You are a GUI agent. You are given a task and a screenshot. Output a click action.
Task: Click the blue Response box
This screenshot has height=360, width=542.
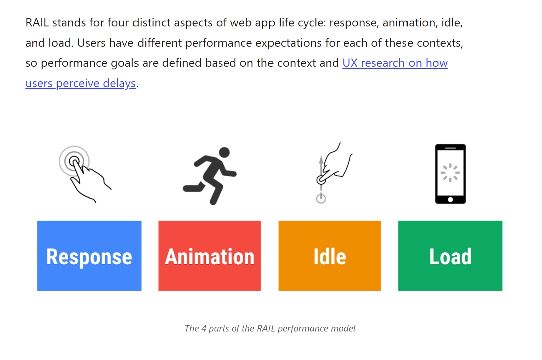click(89, 256)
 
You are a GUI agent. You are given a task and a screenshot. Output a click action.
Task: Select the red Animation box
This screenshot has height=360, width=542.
click(209, 256)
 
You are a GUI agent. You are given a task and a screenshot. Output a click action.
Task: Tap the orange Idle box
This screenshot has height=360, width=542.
click(329, 256)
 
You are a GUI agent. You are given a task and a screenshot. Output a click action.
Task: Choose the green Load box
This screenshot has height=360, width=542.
click(450, 256)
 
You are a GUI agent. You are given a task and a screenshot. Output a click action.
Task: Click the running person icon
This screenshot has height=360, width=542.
click(210, 175)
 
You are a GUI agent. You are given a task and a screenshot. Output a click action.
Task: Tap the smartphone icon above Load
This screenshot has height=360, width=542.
click(450, 174)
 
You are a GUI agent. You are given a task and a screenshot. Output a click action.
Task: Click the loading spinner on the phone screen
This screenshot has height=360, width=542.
click(450, 172)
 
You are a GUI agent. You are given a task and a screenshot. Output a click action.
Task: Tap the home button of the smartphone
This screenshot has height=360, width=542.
click(450, 199)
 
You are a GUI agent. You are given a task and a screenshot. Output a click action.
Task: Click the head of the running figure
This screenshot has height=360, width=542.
click(224, 152)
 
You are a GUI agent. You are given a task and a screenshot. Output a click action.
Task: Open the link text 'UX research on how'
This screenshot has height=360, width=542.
click(395, 63)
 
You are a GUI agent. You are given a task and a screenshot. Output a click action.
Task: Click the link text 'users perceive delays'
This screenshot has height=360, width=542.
click(80, 83)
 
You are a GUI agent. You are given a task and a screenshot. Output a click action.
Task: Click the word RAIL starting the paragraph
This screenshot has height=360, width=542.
click(37, 23)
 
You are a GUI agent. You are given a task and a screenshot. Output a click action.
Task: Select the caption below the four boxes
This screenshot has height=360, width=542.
click(270, 329)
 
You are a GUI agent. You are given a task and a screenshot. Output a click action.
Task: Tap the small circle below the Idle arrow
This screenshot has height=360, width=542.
click(321, 198)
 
